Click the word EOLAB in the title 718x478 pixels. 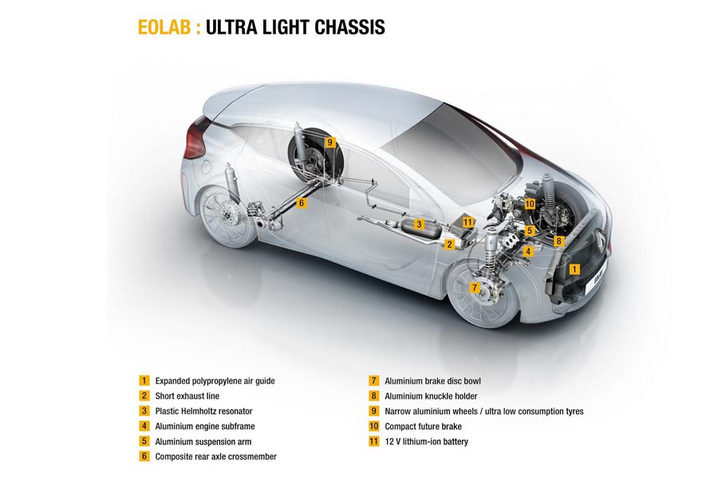[x=165, y=27]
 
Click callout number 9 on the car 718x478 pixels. [x=329, y=143]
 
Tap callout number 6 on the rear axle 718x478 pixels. [x=301, y=203]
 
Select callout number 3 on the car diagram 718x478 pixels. [x=418, y=225]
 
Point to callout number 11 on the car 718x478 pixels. [x=468, y=222]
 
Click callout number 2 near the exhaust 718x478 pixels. [x=450, y=245]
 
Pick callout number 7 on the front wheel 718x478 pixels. [x=474, y=287]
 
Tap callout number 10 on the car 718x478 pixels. [x=530, y=204]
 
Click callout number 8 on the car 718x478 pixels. [x=558, y=241]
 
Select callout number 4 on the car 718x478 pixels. [x=527, y=251]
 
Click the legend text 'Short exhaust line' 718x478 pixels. [x=187, y=396]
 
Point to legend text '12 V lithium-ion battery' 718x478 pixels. [x=426, y=441]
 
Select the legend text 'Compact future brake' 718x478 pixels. [x=423, y=426]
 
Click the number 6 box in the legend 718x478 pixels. [x=144, y=456]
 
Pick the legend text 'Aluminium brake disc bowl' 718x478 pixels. [x=432, y=381]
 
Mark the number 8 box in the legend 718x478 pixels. [x=373, y=396]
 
